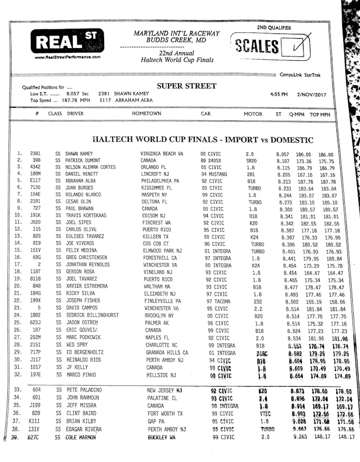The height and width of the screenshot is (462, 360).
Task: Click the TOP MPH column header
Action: [320, 114]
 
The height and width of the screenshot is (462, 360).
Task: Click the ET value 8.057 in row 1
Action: [283, 154]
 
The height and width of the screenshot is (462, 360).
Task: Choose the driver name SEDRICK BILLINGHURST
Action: [92, 316]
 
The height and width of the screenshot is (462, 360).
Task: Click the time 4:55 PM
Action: [279, 95]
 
